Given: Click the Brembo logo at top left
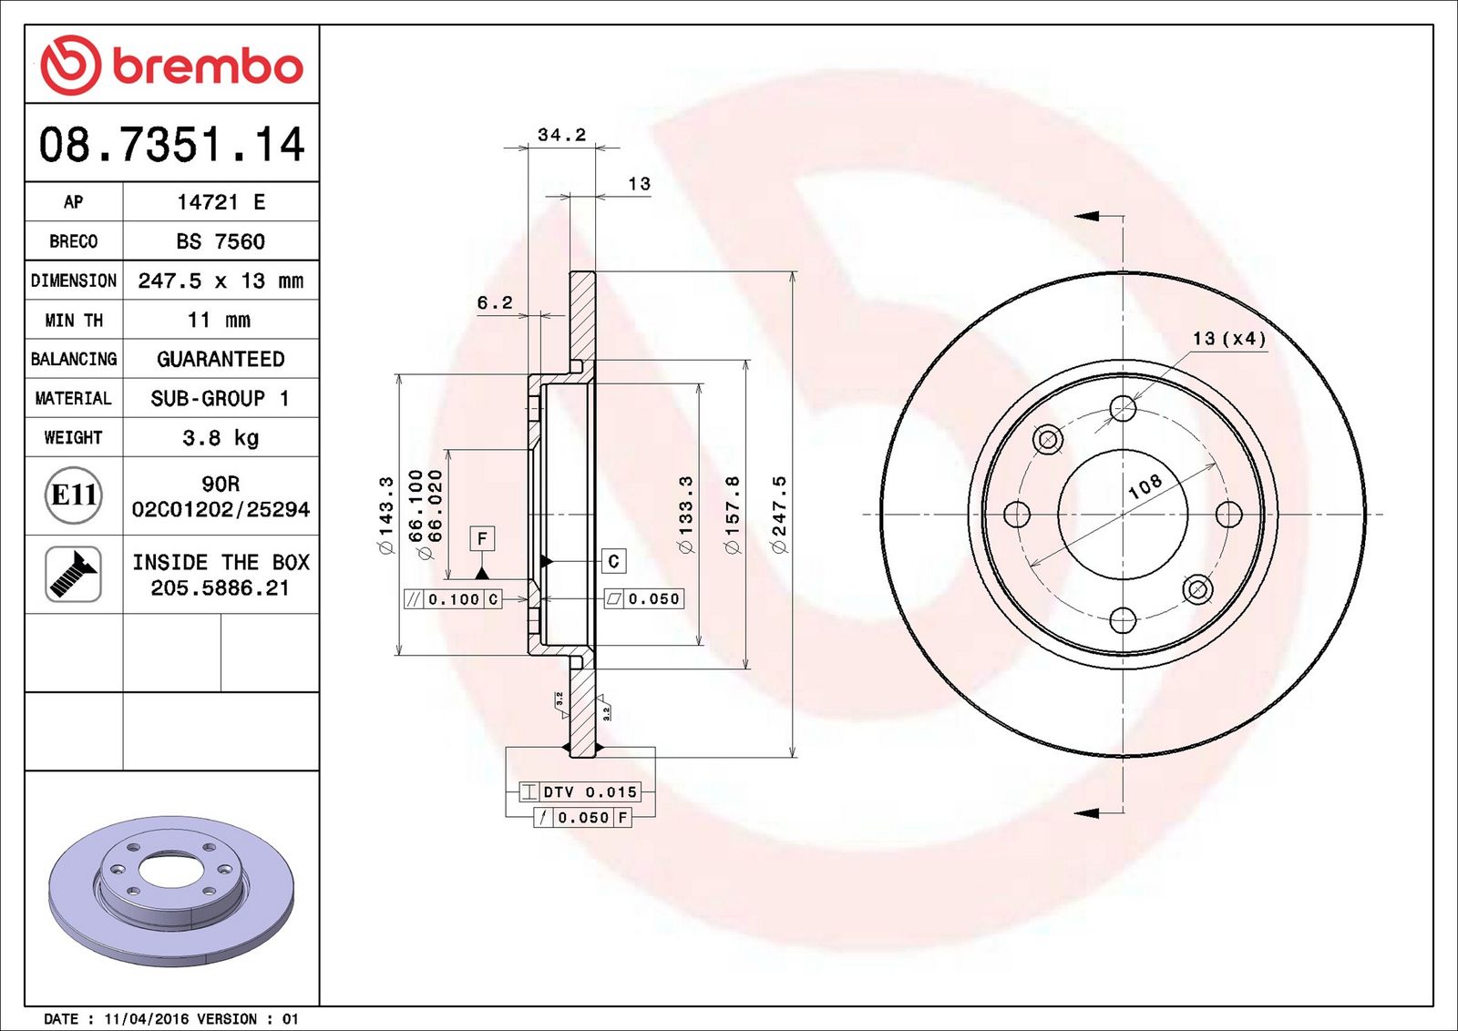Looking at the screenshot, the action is (x=172, y=65).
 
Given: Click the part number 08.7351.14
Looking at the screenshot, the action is (x=172, y=144).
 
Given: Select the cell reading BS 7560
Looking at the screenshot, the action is (x=221, y=241).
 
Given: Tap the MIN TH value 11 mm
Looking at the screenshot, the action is (x=220, y=320).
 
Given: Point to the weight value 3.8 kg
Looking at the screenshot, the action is (x=221, y=438).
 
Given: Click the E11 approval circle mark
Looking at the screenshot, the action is (x=74, y=495).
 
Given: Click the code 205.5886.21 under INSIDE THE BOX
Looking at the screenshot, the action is (x=220, y=588).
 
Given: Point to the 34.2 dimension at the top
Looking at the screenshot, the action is (x=561, y=135).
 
